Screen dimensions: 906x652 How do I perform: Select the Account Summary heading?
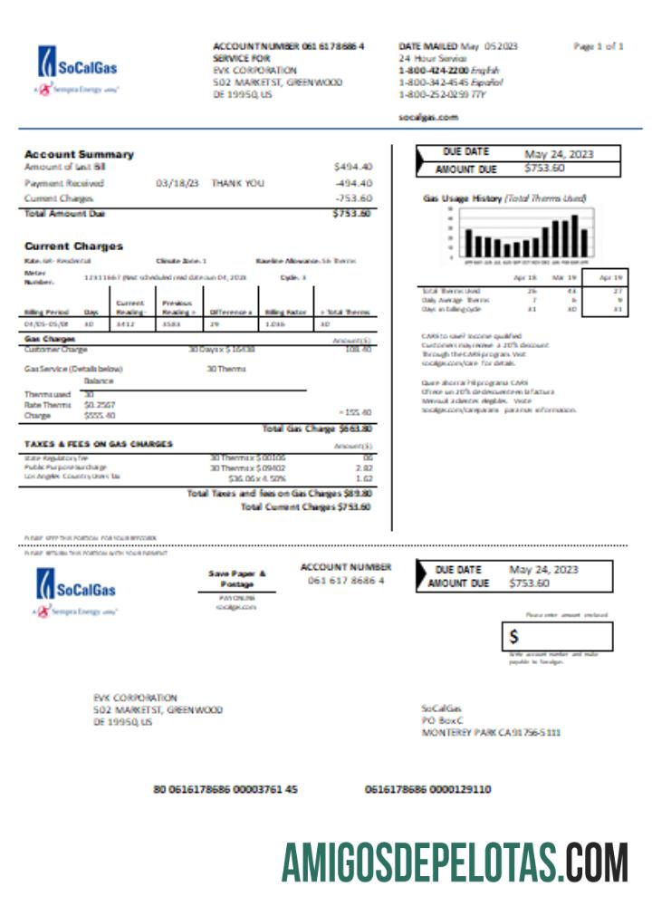(79, 154)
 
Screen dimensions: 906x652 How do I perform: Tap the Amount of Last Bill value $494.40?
(352, 167)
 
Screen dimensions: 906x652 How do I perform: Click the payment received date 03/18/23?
(177, 183)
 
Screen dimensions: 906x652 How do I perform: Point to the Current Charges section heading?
(73, 246)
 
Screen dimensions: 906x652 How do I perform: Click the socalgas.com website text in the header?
(428, 117)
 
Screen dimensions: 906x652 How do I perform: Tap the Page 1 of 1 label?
(599, 45)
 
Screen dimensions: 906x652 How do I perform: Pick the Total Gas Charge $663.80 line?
(316, 429)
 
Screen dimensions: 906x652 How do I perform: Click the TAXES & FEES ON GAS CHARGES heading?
(99, 444)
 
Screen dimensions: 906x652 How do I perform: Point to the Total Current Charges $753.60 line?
(305, 507)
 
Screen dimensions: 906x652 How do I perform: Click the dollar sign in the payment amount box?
(513, 637)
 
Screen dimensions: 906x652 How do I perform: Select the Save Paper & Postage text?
(237, 579)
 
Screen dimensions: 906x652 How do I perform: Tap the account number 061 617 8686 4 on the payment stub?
(346, 580)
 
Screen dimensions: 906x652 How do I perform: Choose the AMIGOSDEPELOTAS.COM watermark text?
(454, 862)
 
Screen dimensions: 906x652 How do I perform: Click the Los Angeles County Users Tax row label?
(72, 476)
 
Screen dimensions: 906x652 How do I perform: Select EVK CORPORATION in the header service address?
(254, 70)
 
